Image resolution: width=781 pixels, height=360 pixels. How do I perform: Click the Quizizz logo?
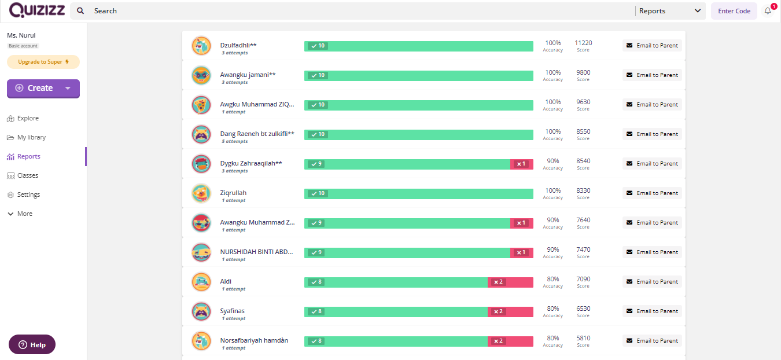tap(35, 10)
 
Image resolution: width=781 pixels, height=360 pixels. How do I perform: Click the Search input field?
tap(347, 11)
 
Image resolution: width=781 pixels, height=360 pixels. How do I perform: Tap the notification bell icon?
tap(768, 11)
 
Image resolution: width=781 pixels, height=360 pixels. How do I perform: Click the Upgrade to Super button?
tap(43, 62)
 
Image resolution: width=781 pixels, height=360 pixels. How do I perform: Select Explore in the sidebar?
tap(28, 118)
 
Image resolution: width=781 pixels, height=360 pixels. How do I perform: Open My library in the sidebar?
tap(31, 137)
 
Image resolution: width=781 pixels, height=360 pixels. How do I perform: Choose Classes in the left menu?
tap(28, 175)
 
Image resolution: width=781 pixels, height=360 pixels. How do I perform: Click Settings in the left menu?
tap(28, 194)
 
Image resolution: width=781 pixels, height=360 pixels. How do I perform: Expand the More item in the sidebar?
tap(24, 214)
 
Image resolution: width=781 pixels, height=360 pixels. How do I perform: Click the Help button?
tap(32, 344)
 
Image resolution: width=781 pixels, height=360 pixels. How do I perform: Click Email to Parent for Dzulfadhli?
tap(652, 45)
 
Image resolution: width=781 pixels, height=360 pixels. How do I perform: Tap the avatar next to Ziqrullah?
tap(201, 193)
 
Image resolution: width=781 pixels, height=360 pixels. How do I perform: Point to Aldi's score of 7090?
tap(583, 279)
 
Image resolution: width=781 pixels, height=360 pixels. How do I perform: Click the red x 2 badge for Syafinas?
tap(498, 311)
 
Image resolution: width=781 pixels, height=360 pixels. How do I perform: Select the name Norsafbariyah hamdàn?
tap(254, 340)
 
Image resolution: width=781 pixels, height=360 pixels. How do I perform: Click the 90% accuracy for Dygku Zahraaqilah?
tap(553, 161)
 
